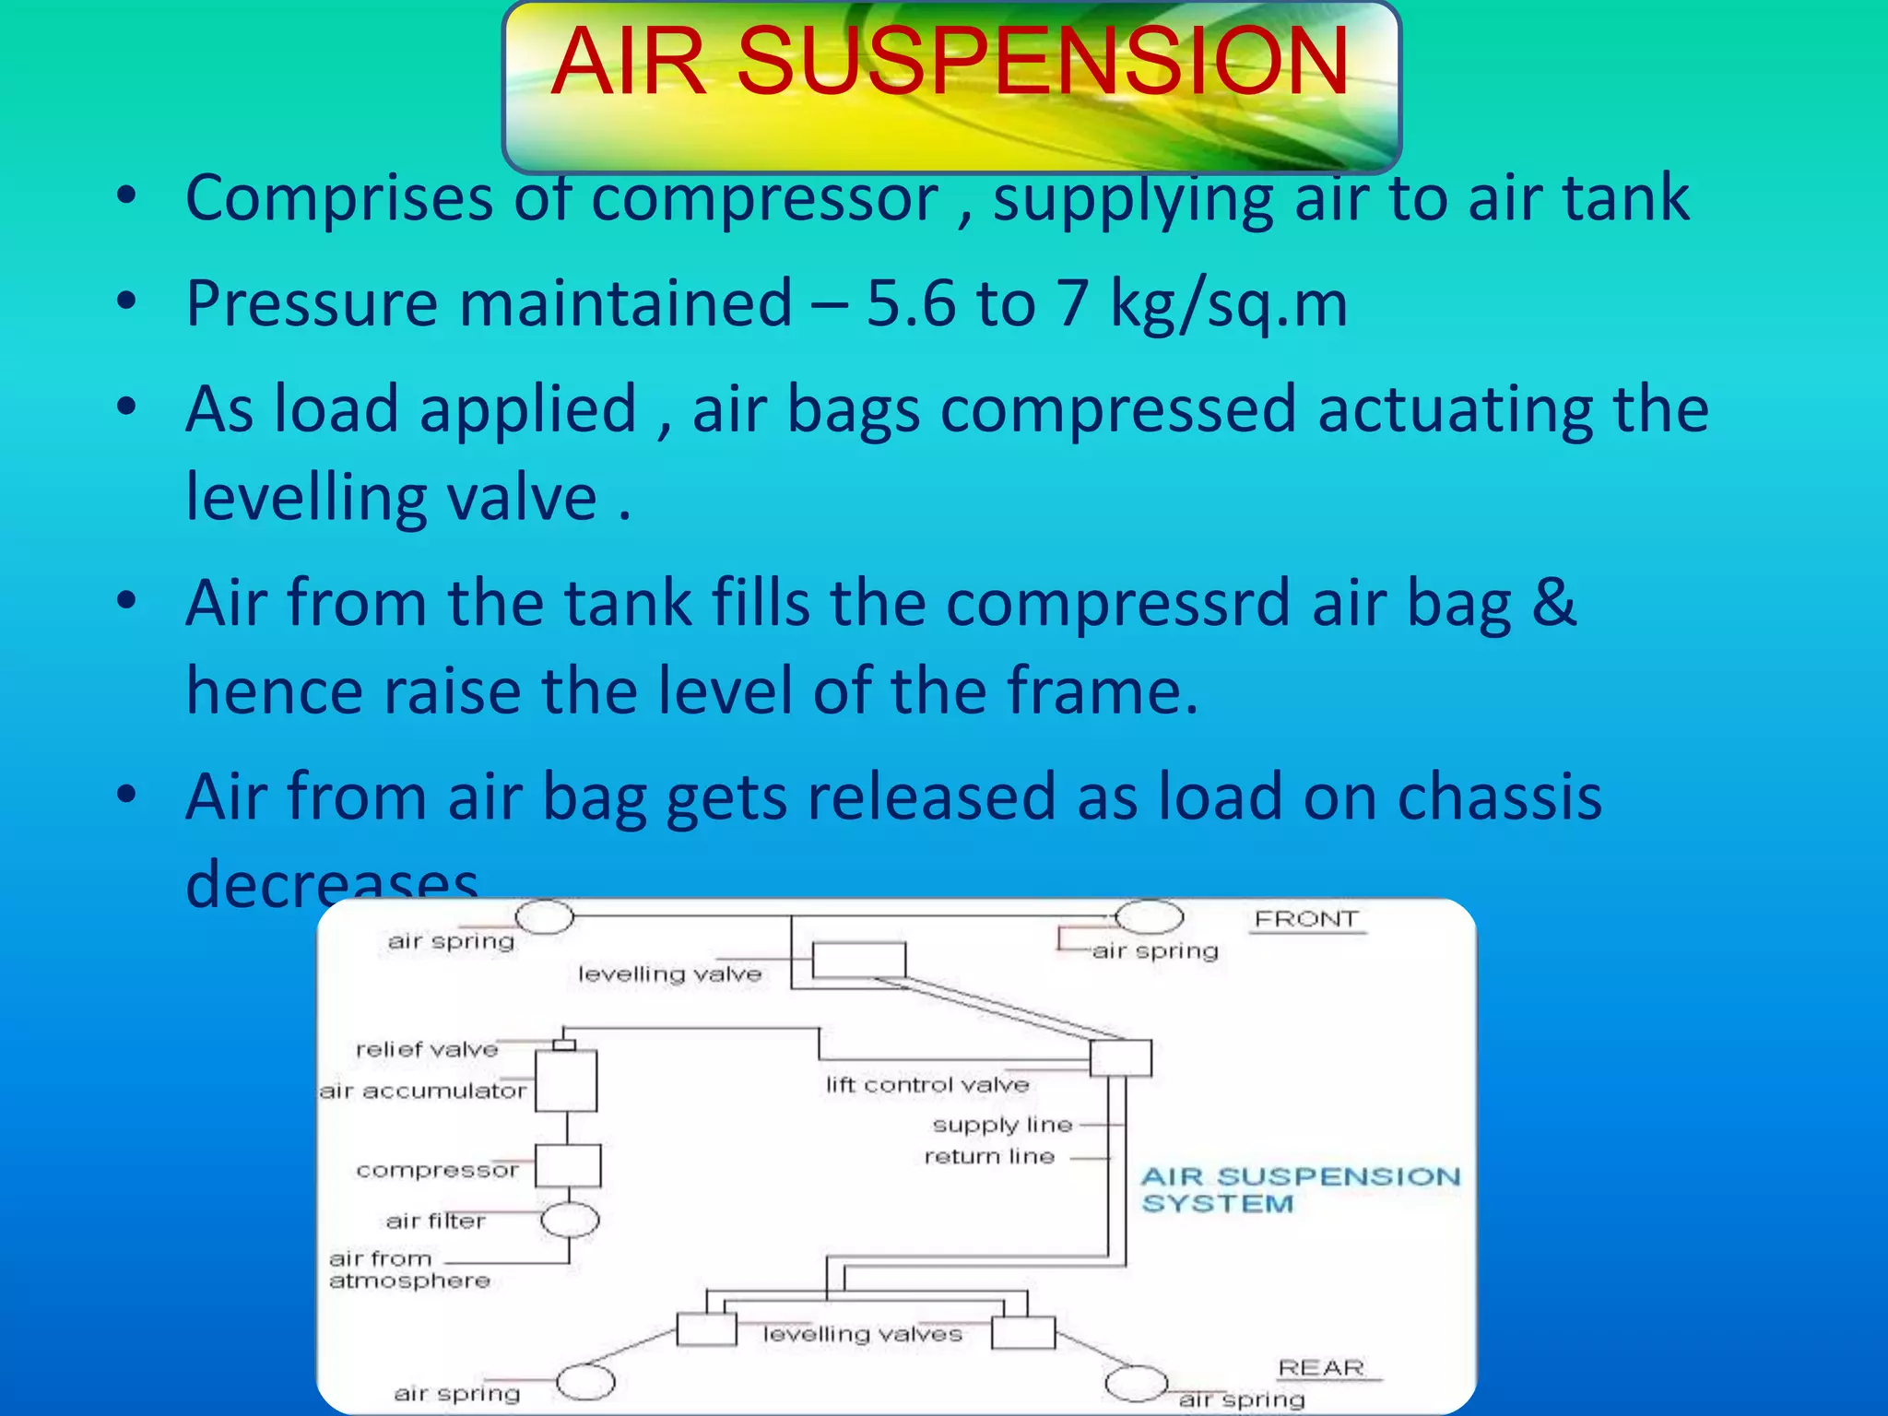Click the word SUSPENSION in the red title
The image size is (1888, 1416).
(x=1043, y=62)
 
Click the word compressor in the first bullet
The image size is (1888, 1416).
(x=764, y=198)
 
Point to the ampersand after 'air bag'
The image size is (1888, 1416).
(x=1554, y=603)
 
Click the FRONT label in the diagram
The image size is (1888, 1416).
(x=1305, y=919)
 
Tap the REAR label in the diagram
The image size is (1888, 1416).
(x=1320, y=1368)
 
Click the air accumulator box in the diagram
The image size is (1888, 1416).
(x=566, y=1080)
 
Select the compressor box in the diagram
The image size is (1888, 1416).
(x=568, y=1166)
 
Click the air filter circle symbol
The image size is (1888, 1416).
(x=570, y=1221)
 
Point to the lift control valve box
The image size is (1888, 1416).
(x=1120, y=1057)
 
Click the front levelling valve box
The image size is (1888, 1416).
(x=858, y=960)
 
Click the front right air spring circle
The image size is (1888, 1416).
(x=1149, y=917)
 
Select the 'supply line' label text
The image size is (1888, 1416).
(x=1002, y=1125)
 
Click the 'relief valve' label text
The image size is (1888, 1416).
(x=426, y=1049)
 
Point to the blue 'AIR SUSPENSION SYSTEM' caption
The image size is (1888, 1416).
(x=1299, y=1189)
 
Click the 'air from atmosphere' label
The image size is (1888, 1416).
(x=408, y=1269)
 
